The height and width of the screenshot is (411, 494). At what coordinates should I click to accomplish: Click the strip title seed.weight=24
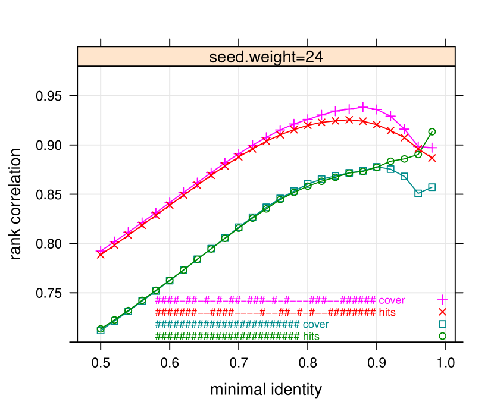266,57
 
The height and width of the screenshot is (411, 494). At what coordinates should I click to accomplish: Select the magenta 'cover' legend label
392,300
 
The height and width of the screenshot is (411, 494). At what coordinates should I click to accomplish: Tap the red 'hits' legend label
387,312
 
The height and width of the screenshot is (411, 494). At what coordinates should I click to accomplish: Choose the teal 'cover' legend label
315,325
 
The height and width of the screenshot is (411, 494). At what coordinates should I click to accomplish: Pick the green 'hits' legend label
311,337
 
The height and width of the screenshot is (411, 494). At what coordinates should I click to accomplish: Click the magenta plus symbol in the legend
442,300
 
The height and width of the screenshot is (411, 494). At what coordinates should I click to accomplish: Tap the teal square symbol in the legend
442,324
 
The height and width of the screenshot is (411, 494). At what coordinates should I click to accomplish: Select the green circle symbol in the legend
442,336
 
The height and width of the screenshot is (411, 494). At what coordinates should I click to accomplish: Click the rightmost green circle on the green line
432,131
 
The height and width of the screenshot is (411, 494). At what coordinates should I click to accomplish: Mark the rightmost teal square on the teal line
432,187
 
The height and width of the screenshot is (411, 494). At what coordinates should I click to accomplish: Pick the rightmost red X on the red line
432,158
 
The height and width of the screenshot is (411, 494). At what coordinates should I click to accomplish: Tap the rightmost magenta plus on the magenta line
432,147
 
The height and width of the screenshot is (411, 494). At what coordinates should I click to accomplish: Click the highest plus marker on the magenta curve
363,107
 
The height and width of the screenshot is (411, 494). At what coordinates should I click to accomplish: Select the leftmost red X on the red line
101,255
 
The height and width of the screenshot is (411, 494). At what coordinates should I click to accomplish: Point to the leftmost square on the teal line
101,330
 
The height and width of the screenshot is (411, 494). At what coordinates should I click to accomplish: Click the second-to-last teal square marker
418,193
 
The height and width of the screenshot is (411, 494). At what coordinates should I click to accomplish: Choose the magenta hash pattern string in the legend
265,300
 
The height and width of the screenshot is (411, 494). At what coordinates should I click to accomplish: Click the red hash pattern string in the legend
265,312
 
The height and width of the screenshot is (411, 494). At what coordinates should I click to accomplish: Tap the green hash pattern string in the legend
227,337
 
